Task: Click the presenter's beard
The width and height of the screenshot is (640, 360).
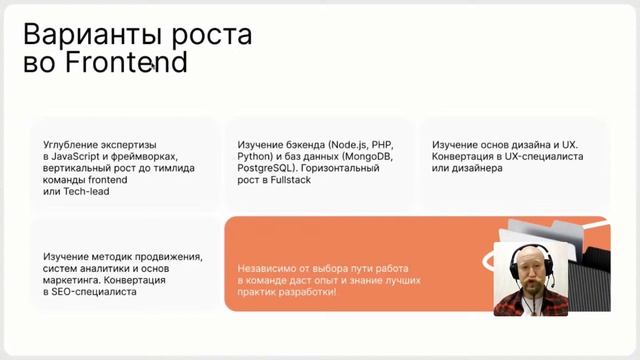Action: (x=534, y=297)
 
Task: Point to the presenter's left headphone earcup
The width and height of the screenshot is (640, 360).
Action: (x=518, y=269)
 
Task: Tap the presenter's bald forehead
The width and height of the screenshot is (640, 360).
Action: (x=534, y=253)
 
